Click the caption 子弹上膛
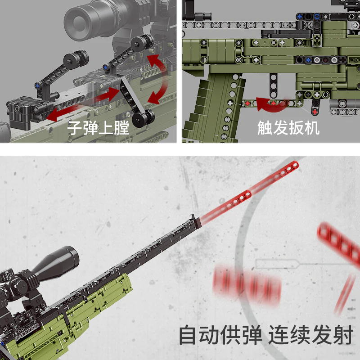[x=98, y=128]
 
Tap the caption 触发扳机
[x=288, y=128]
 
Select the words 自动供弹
[x=220, y=335]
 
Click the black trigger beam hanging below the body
[x=273, y=85]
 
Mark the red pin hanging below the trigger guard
[x=315, y=108]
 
